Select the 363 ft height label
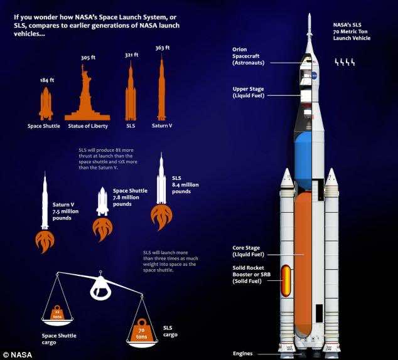tap(162, 48)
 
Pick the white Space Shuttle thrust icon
tap(102, 203)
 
